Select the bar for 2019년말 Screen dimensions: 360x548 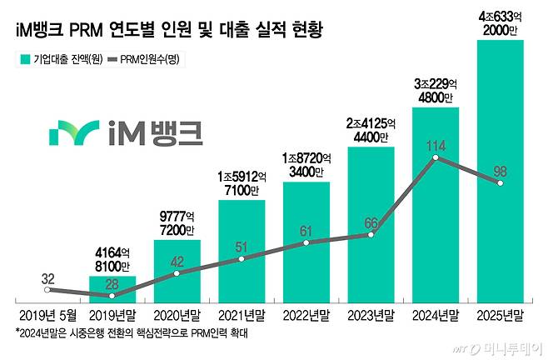tap(112, 288)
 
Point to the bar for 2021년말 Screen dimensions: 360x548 tap(242, 250)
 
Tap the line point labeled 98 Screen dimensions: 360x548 tap(500, 183)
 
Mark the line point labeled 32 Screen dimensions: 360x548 tap(48, 289)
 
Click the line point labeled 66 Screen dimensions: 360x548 tap(371, 235)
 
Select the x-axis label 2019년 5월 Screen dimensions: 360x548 tap(47, 315)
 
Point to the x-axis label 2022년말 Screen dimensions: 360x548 tap(306, 315)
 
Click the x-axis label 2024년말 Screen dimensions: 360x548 tap(435, 315)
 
